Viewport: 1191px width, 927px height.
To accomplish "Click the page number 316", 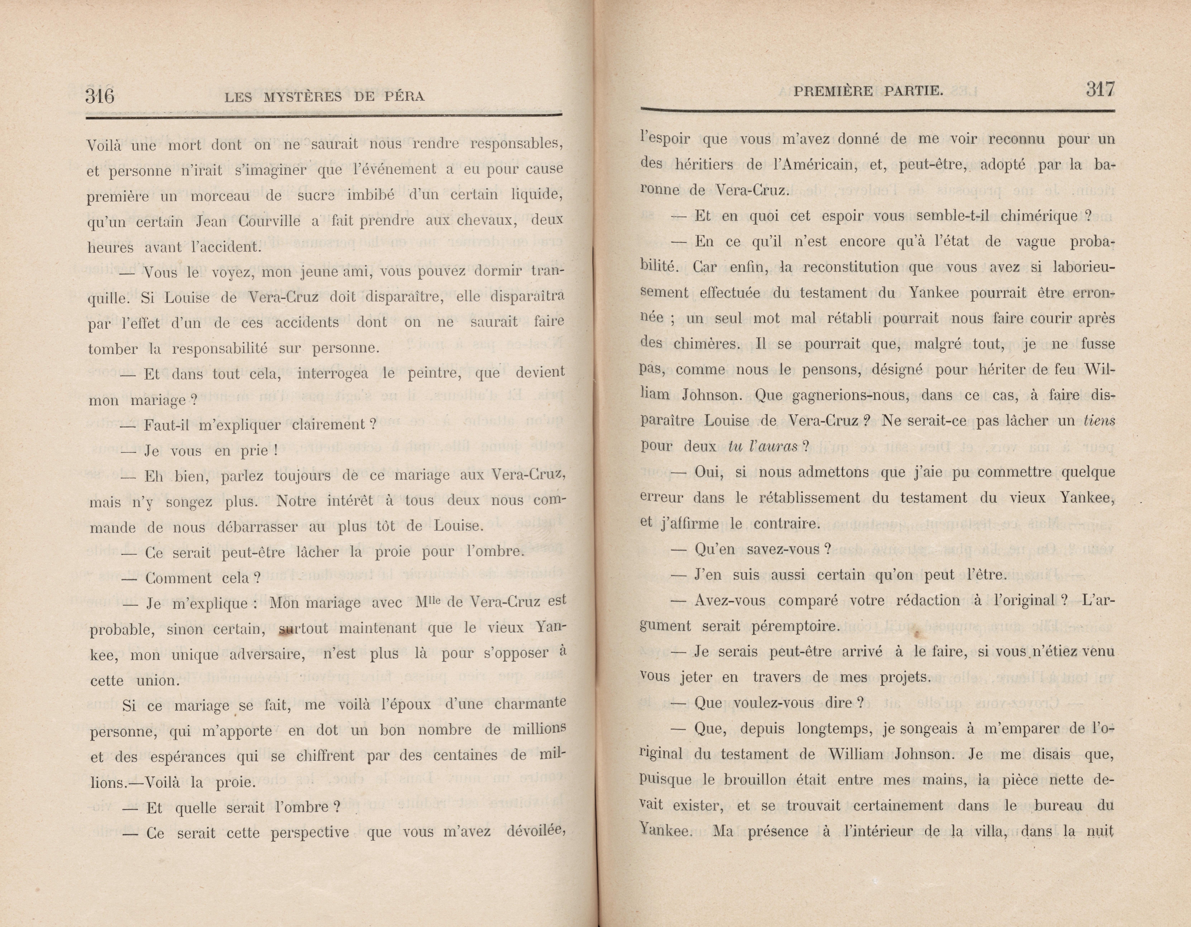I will tap(100, 96).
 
